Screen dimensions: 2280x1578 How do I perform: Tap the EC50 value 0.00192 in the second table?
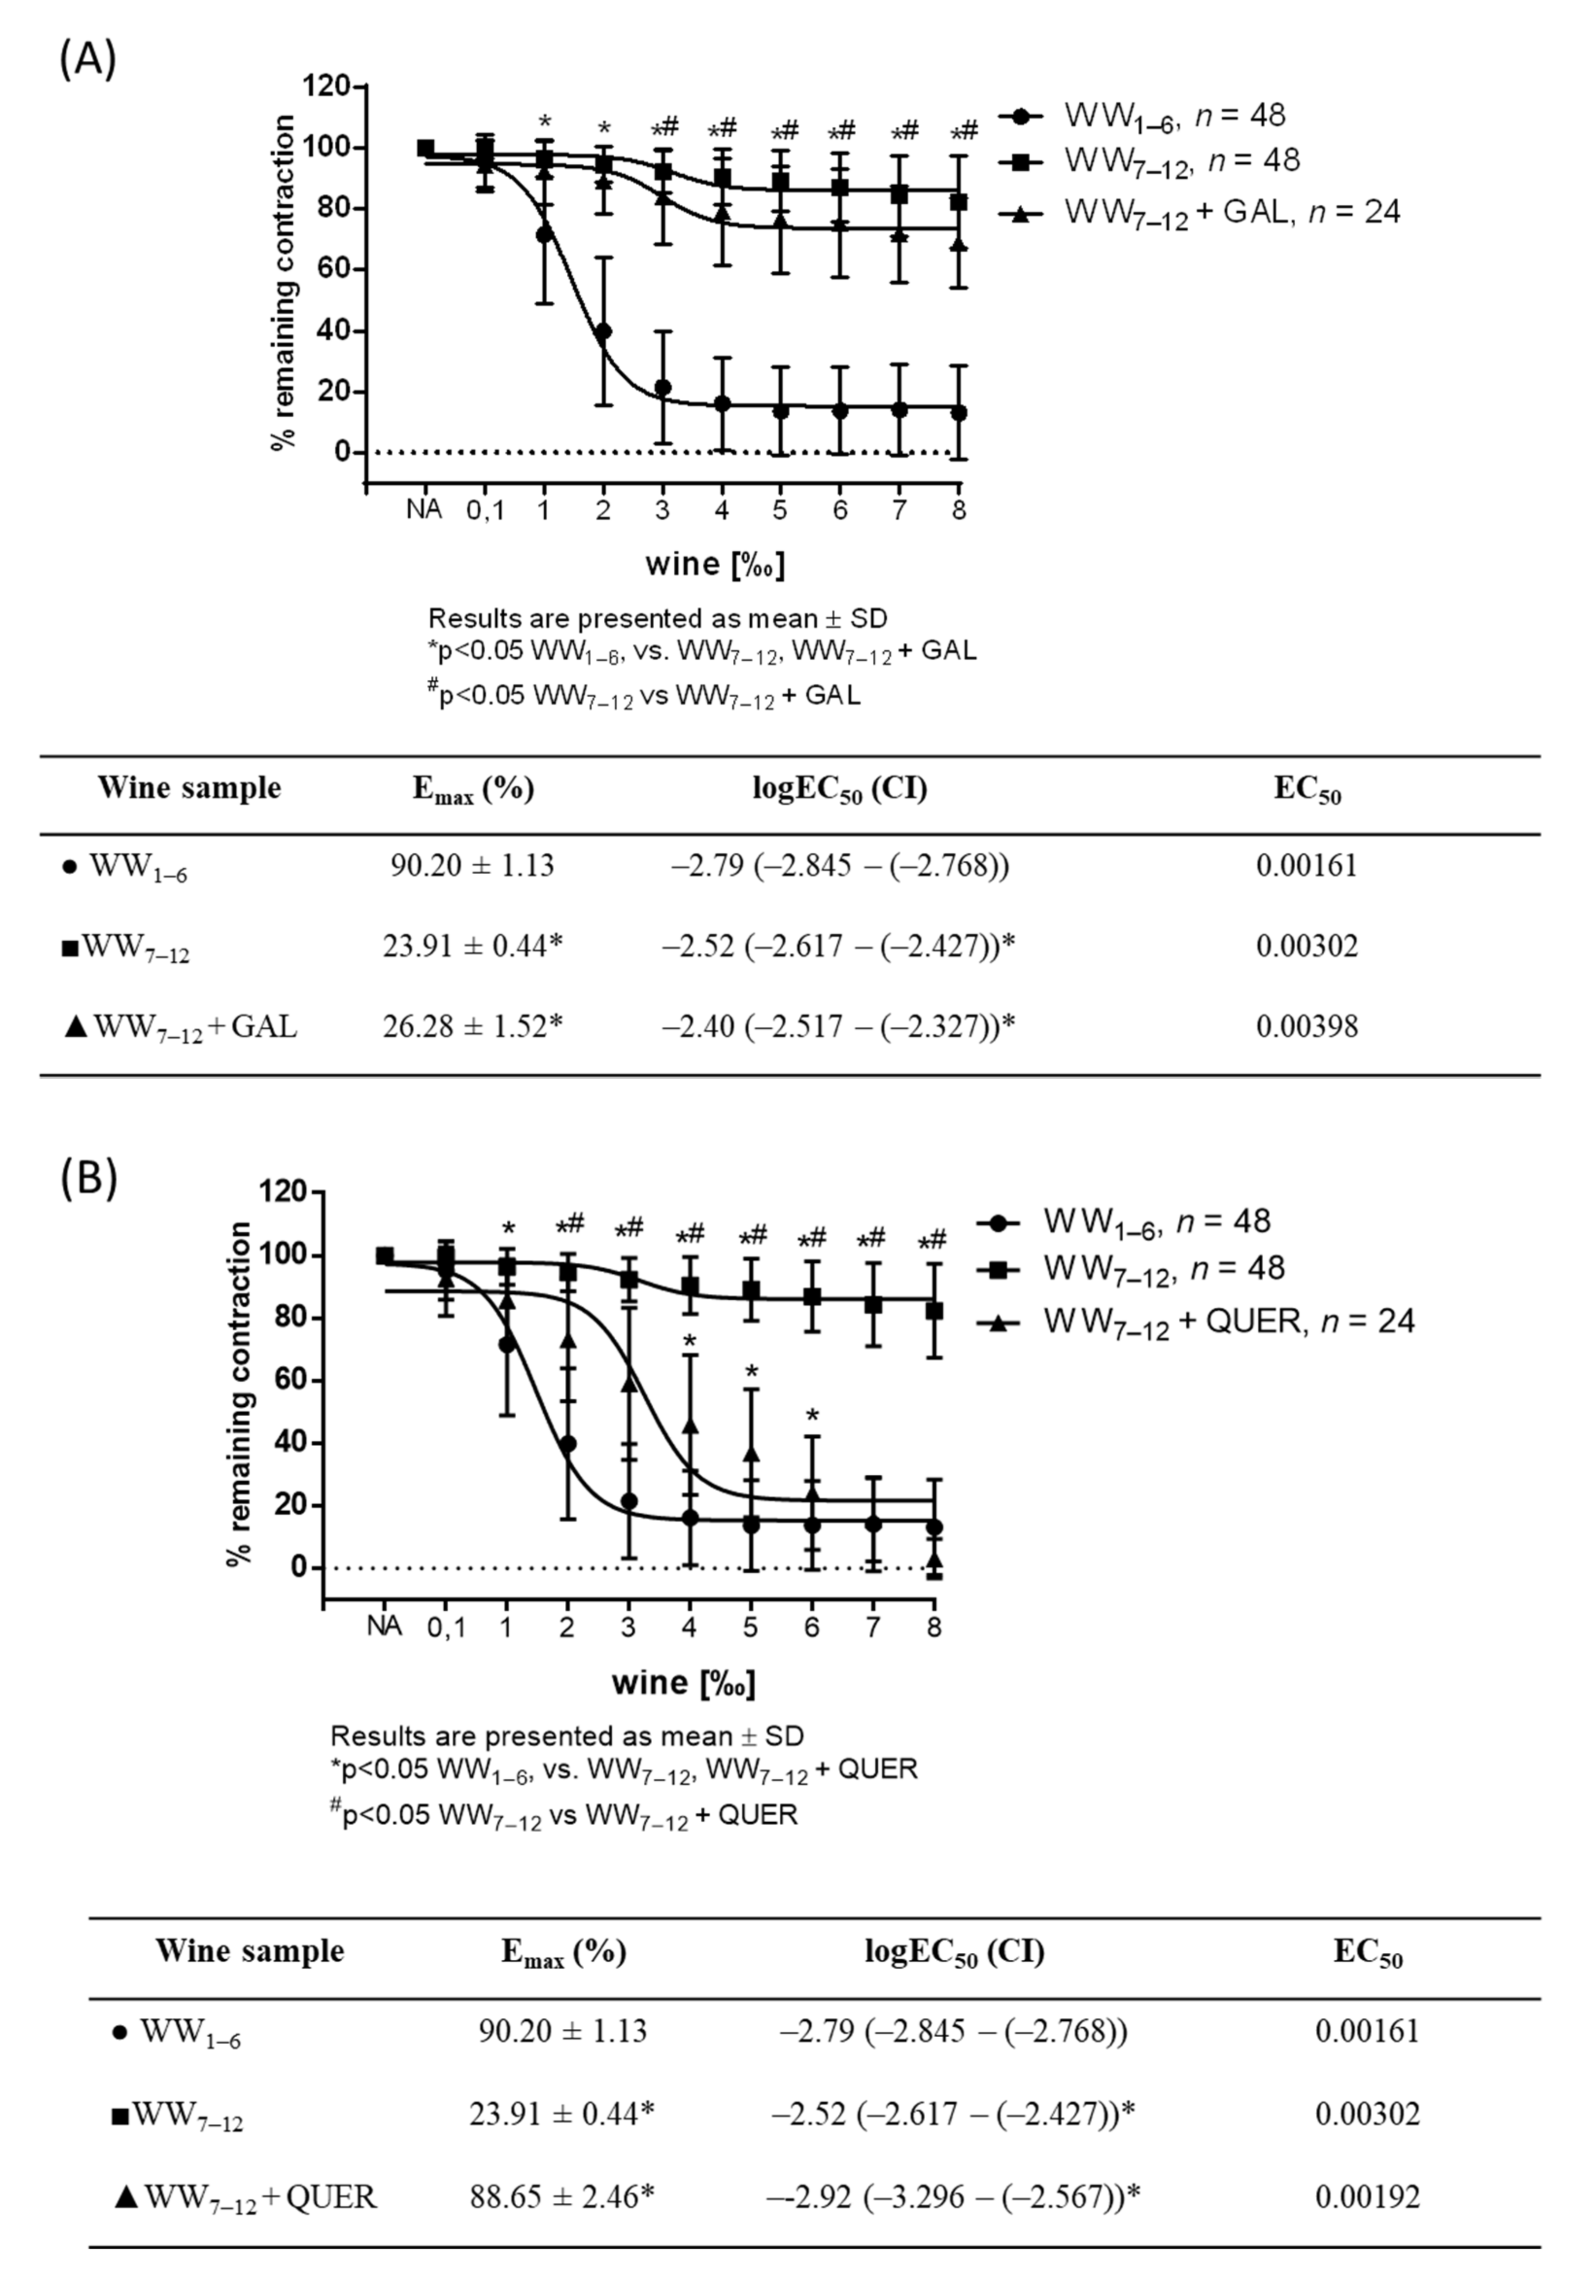pos(1368,2197)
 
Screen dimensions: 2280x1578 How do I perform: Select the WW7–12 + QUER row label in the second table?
pos(247,2197)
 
